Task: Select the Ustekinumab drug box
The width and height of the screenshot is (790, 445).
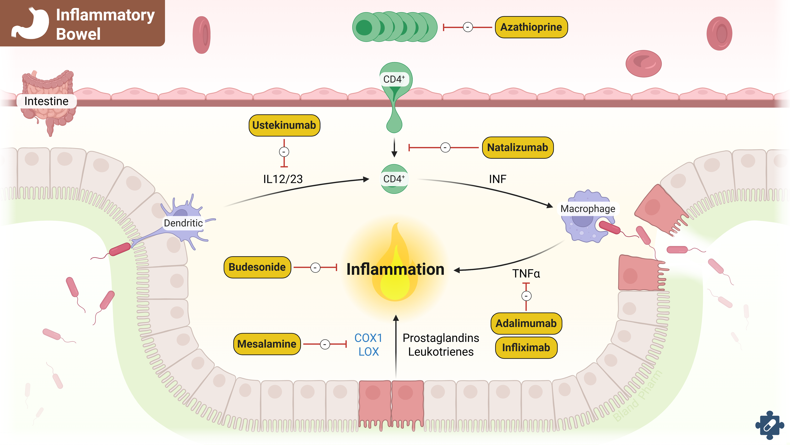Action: click(x=284, y=125)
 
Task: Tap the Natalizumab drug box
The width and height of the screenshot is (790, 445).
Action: click(x=517, y=148)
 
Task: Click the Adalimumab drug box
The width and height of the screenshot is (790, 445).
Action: click(x=526, y=324)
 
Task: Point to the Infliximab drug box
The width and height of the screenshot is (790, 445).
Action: click(x=526, y=348)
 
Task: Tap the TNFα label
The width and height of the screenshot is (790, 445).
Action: click(x=526, y=274)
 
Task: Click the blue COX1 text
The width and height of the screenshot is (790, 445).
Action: click(x=368, y=338)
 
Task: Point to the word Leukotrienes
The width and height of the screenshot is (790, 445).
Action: click(x=441, y=352)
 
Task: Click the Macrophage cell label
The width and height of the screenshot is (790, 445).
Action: click(x=588, y=209)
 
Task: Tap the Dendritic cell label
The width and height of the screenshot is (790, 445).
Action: click(x=183, y=223)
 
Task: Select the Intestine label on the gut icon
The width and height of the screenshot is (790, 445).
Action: click(x=46, y=101)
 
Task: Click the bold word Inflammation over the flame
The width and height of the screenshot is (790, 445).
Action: click(x=395, y=269)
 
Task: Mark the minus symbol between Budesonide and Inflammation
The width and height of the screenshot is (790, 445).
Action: click(x=315, y=268)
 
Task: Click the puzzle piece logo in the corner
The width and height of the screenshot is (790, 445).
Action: click(x=770, y=425)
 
